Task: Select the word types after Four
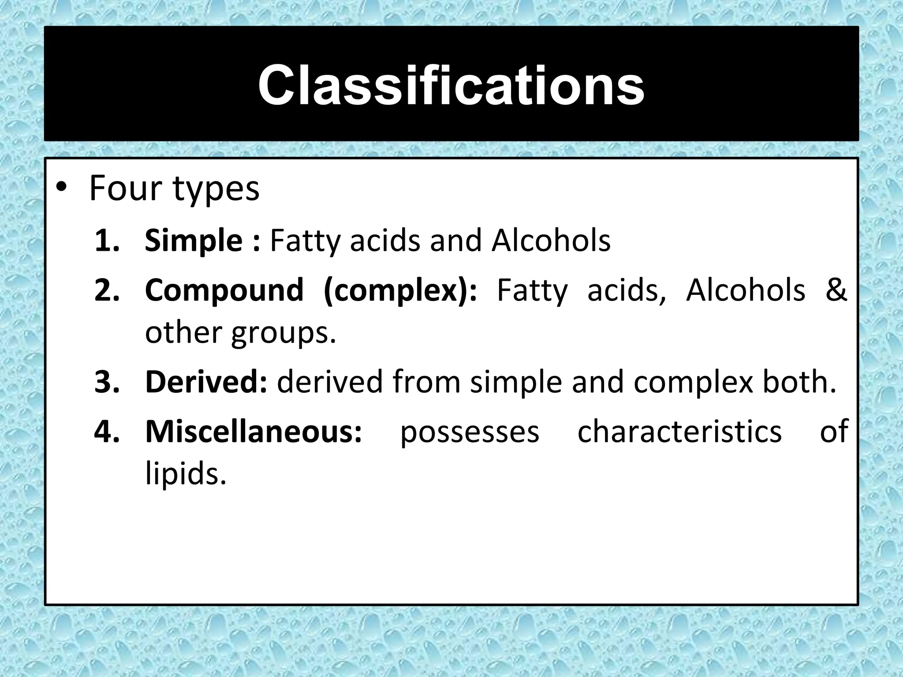(216, 190)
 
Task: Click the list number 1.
(107, 241)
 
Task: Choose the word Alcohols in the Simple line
(551, 241)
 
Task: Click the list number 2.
(107, 290)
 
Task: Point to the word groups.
(284, 333)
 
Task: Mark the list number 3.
(107, 382)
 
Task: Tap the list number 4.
(107, 431)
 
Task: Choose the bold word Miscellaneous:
(254, 431)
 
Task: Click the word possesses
(470, 432)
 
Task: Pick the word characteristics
(679, 431)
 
